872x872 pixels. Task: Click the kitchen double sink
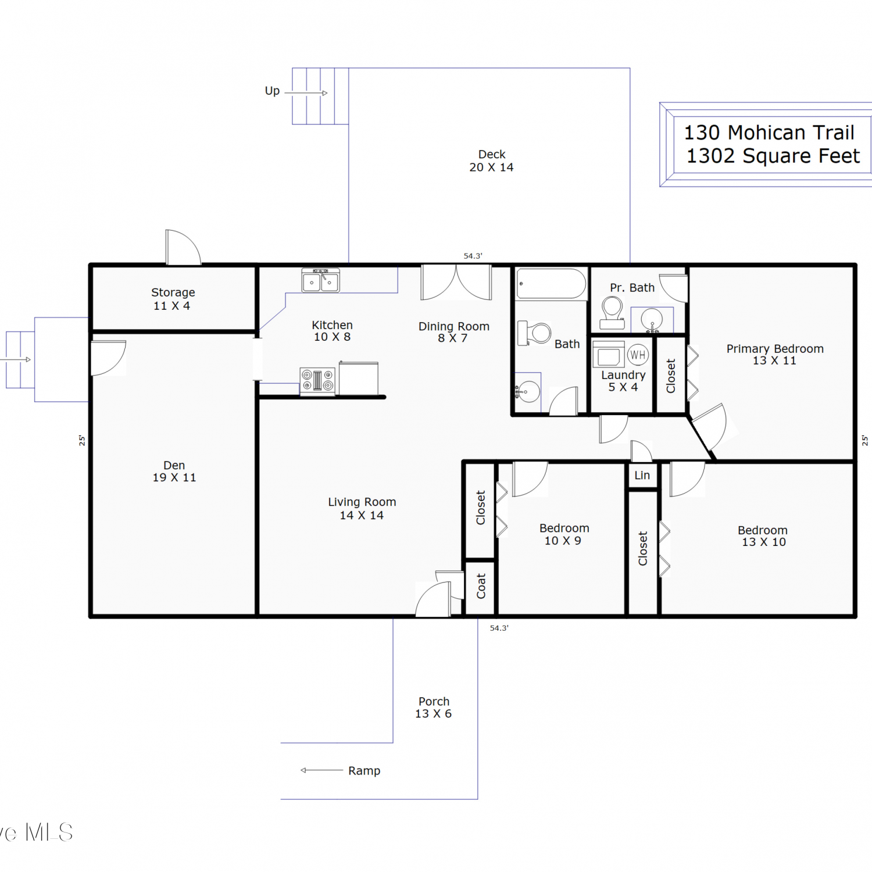coord(320,280)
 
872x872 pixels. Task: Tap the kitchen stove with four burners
coord(317,381)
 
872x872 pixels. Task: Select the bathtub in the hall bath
coord(551,284)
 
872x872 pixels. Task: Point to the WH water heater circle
coord(638,355)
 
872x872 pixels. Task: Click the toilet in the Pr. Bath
coord(612,313)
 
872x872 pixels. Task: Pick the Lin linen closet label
coord(642,476)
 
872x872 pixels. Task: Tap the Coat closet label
coord(481,586)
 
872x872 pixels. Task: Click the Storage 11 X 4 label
coord(173,299)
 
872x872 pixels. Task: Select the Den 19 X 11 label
coord(174,471)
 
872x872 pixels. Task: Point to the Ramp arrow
coord(321,770)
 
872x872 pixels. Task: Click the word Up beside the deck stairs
coord(272,91)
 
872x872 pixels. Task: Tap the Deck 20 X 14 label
coord(492,161)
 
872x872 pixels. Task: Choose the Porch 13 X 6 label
coord(434,707)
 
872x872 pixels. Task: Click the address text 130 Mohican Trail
coord(769,133)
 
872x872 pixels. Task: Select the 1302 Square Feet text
coord(773,156)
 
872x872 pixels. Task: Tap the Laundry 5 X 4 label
coord(623,381)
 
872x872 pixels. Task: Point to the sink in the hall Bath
coord(528,392)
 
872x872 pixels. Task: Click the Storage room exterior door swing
coord(183,248)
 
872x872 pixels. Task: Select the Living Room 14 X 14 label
coord(362,509)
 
